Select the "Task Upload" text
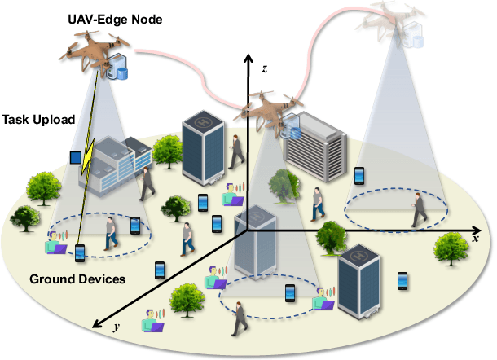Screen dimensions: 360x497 (37, 120)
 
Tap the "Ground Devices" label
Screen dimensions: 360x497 (77, 279)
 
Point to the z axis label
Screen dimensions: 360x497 (265, 71)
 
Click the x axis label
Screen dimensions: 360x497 (474, 239)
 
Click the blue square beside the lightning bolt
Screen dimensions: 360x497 (76, 157)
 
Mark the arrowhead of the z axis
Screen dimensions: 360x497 (248, 59)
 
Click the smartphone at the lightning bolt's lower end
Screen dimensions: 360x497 (80, 254)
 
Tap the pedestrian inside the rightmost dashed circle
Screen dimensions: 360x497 (418, 209)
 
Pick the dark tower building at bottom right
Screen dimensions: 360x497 (359, 282)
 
